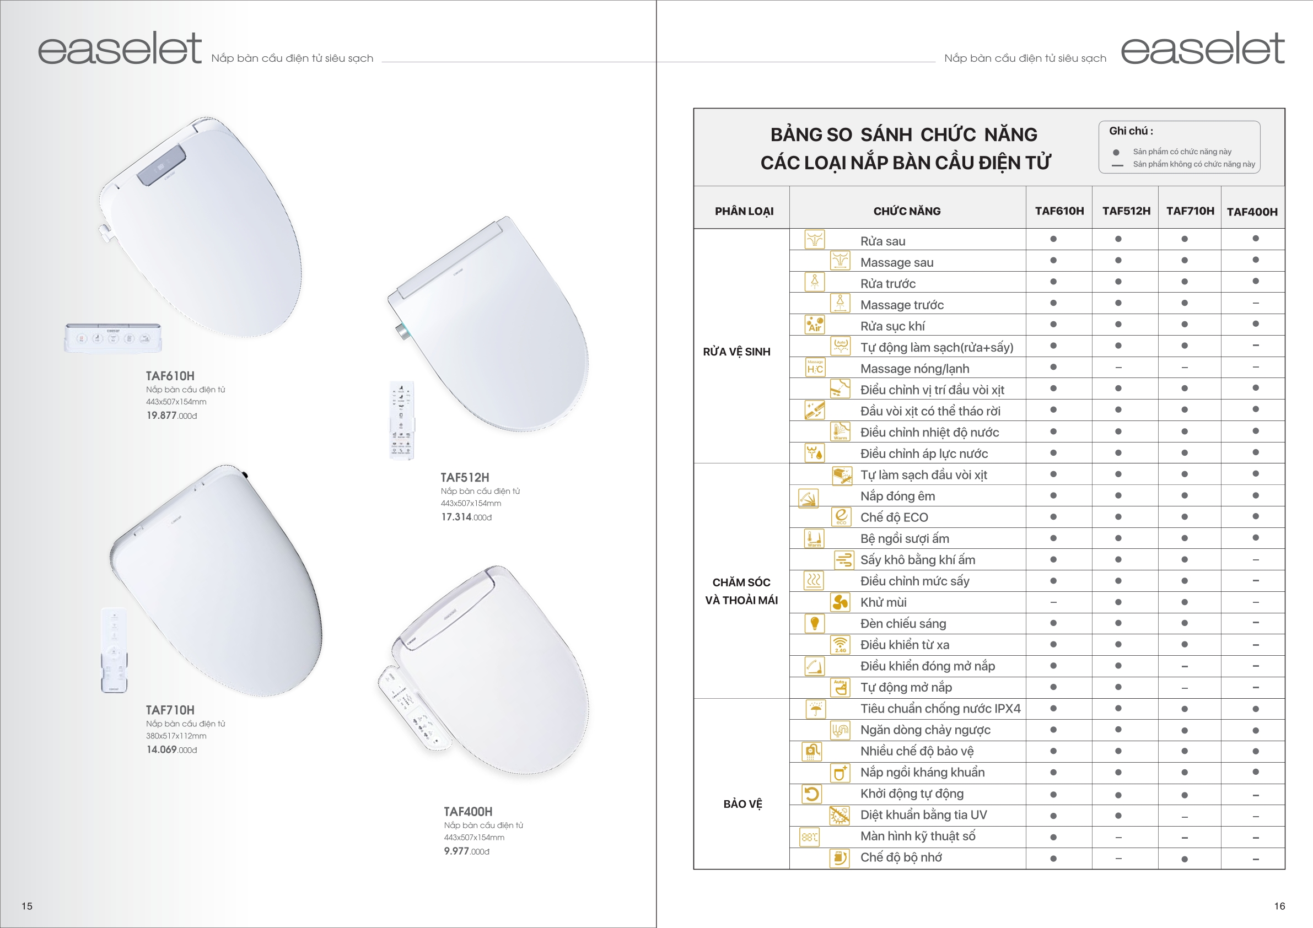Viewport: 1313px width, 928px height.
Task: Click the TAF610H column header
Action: (1059, 211)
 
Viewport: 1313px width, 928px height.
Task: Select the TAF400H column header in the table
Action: (1252, 212)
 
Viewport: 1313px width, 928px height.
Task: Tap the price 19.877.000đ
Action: (171, 416)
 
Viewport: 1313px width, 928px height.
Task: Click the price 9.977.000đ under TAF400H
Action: (467, 851)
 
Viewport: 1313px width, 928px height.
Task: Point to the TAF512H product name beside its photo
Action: (464, 477)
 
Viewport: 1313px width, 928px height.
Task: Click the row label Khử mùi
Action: (883, 602)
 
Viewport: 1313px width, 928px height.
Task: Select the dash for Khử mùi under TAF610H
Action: (1053, 603)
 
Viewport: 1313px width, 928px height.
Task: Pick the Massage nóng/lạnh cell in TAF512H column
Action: (1118, 368)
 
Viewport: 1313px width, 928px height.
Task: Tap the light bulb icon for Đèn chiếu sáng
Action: (814, 623)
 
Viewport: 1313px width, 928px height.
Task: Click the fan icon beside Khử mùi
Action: (840, 602)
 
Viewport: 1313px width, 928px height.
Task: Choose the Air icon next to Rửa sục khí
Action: (814, 325)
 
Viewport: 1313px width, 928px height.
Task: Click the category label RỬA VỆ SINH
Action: (736, 352)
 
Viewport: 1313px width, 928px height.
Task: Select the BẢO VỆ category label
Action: (742, 804)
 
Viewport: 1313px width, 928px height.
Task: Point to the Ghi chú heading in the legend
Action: (1131, 131)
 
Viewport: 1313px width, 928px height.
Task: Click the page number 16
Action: (1279, 906)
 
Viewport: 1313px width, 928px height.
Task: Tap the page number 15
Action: (27, 906)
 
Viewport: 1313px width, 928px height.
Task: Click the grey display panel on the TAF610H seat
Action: (162, 165)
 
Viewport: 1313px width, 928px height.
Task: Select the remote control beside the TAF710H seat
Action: (114, 650)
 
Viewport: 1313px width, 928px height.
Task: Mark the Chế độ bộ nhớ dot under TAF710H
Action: (1185, 859)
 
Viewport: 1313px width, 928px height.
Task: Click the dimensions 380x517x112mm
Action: (176, 736)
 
